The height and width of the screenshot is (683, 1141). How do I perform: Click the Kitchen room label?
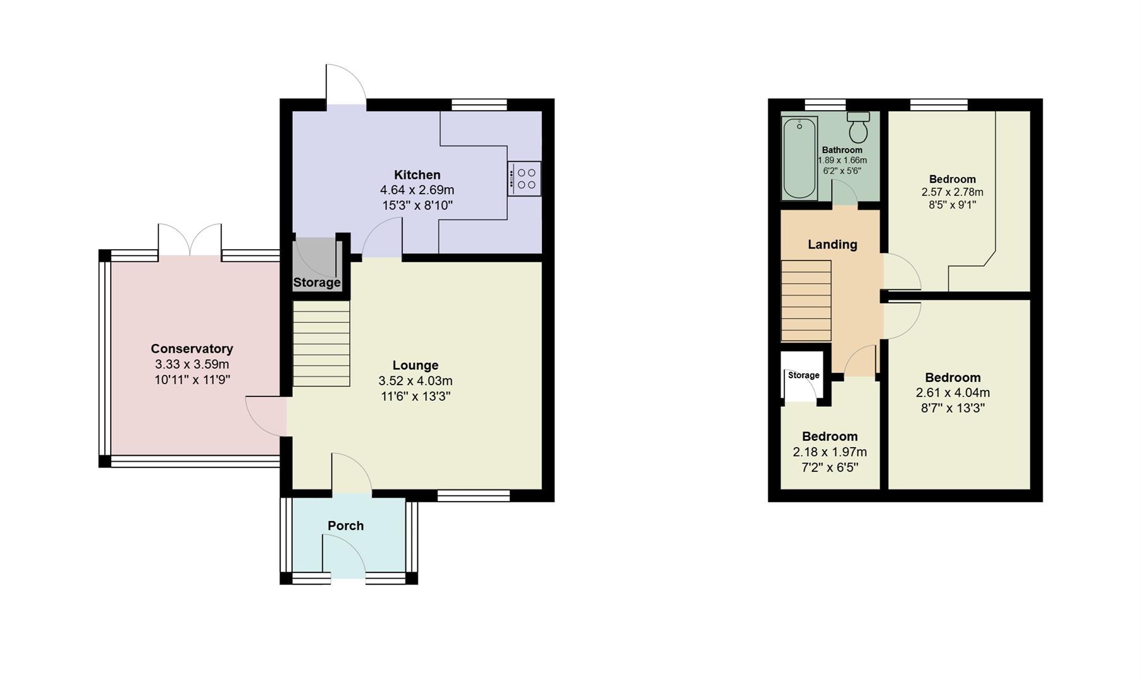(x=417, y=175)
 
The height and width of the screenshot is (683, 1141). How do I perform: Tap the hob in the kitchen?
(x=524, y=179)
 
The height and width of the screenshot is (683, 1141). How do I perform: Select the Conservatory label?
(x=192, y=348)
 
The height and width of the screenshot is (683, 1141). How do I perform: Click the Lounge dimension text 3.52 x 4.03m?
(x=415, y=381)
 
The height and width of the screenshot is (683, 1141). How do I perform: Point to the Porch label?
(x=345, y=526)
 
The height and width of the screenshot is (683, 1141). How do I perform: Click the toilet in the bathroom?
(x=858, y=128)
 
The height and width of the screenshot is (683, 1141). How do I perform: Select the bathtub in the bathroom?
(x=799, y=157)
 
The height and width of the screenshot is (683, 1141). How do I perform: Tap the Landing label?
(x=832, y=245)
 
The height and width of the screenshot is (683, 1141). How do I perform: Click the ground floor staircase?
(x=321, y=343)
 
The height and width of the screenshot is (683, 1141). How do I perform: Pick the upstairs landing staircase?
(x=806, y=301)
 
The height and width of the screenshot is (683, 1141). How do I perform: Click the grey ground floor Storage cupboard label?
(x=316, y=283)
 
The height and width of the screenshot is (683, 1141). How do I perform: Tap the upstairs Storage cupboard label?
(x=803, y=376)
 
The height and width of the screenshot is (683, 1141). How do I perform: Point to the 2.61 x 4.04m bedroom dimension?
(x=953, y=393)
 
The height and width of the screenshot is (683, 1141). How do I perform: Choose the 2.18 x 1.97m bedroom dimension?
(x=829, y=452)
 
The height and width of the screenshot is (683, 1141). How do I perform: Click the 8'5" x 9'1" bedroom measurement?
(x=952, y=205)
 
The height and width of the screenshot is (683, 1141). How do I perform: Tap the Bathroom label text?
(x=842, y=150)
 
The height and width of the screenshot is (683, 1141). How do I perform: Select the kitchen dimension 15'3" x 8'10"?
(x=417, y=205)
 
